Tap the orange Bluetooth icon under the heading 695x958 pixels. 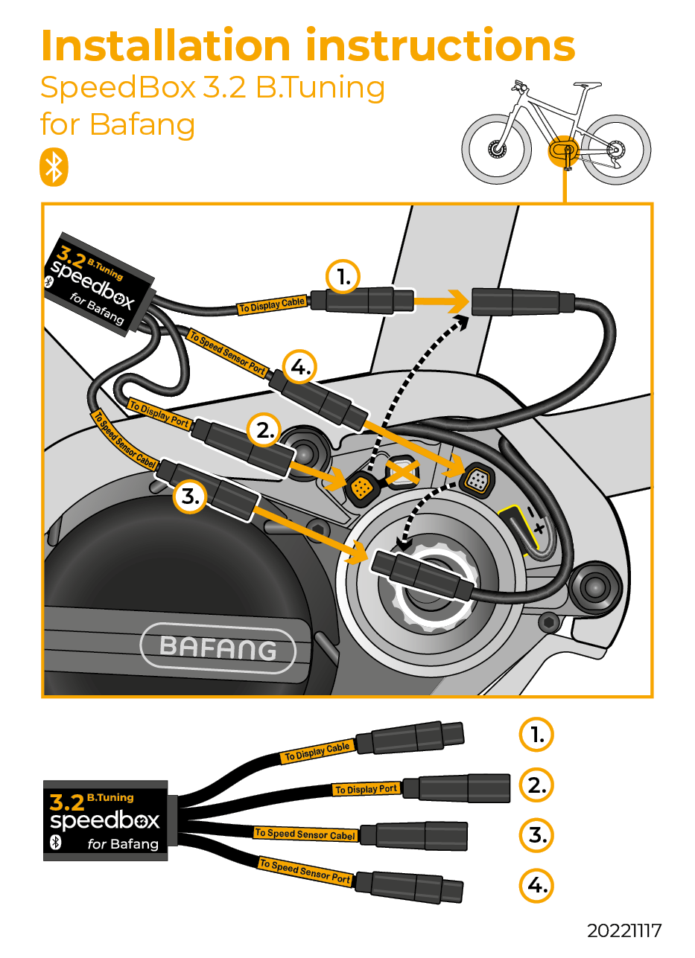tap(54, 167)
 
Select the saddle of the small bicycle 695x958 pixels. tap(588, 84)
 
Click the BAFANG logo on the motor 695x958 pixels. tap(218, 648)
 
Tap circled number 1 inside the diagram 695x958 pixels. tap(343, 278)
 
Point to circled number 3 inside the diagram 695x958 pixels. tap(191, 498)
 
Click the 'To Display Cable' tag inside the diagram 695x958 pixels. tap(272, 304)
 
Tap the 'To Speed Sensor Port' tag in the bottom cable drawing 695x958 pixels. tap(305, 872)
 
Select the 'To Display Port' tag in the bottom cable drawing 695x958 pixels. tap(366, 789)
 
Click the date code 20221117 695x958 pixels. tap(623, 930)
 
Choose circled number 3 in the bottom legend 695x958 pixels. tap(537, 835)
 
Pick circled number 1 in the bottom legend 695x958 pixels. tap(537, 735)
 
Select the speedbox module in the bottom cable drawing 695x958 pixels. tap(105, 820)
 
